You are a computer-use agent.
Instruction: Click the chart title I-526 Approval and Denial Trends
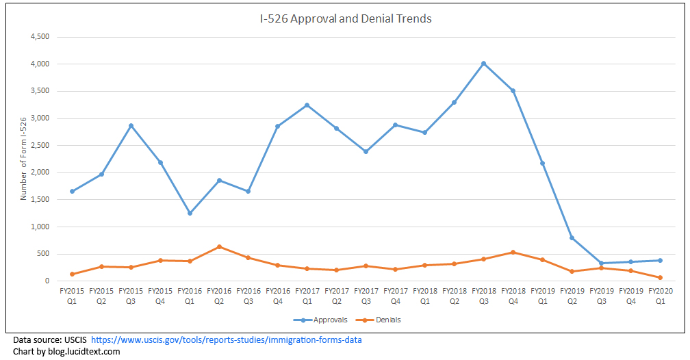point(345,18)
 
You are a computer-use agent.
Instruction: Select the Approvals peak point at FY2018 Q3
point(483,64)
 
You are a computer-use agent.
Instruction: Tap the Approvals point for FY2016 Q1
point(190,213)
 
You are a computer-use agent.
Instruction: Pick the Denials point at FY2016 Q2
point(219,246)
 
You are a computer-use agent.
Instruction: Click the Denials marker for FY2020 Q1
point(660,278)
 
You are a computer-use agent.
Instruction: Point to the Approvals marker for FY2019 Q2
point(572,238)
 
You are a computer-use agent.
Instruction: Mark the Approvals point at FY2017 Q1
point(307,105)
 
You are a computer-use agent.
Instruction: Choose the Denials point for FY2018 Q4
point(513,252)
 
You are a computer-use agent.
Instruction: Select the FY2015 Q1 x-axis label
point(72,295)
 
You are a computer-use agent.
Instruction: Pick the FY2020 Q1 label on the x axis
point(660,295)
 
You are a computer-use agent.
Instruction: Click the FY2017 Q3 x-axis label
point(366,295)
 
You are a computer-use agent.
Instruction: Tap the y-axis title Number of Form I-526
point(24,159)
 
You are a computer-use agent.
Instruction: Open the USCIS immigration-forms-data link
point(226,340)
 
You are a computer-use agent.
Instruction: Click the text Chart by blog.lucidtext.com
point(66,351)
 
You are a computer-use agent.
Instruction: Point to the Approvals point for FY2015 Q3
point(131,125)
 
